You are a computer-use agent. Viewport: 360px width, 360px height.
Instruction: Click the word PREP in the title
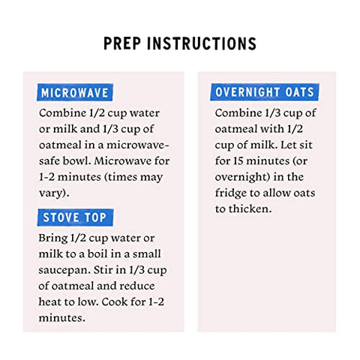click(x=122, y=43)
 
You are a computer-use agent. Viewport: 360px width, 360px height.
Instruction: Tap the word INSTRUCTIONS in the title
click(x=202, y=43)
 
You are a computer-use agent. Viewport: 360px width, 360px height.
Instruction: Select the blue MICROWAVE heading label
click(x=75, y=92)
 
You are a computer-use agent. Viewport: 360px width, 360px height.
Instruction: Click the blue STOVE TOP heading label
click(x=75, y=217)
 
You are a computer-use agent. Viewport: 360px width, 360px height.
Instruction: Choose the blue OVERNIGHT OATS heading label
click(x=265, y=92)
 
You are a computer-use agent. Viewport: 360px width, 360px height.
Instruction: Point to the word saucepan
click(x=64, y=271)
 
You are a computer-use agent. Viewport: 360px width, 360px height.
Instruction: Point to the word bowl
click(x=77, y=160)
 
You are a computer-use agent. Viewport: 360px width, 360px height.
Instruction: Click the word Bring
click(x=53, y=238)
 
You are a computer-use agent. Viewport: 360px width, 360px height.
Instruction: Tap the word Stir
click(x=102, y=270)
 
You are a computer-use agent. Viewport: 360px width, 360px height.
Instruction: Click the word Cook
click(x=114, y=301)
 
